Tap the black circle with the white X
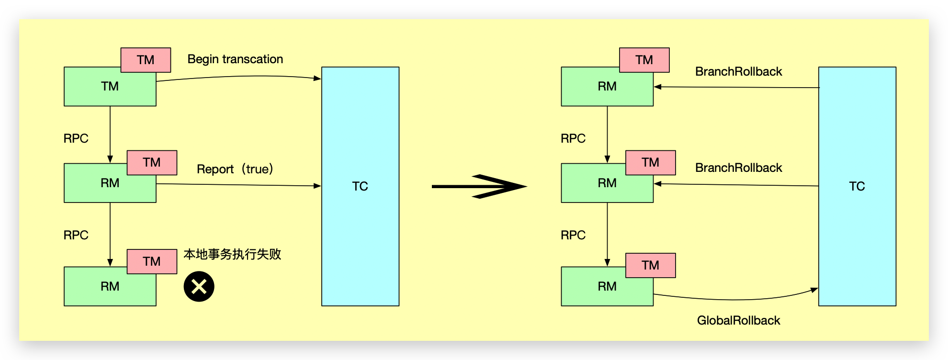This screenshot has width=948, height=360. point(199,286)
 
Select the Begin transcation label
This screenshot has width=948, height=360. point(235,59)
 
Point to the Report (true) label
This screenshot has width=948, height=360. point(235,169)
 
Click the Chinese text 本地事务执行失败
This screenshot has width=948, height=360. point(232,254)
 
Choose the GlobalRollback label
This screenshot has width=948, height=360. point(738,320)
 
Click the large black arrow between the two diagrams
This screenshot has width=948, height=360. point(479,186)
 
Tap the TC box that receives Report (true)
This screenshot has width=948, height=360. point(360,186)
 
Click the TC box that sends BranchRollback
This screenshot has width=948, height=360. point(857,186)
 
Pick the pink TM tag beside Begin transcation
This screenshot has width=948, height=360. point(146,60)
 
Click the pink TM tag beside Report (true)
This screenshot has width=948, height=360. point(152,163)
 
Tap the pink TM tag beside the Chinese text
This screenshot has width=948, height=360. point(152,261)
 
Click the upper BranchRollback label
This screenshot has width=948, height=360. point(738,71)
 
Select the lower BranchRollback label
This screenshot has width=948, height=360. point(738,168)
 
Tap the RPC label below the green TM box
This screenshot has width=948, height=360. point(76,138)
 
